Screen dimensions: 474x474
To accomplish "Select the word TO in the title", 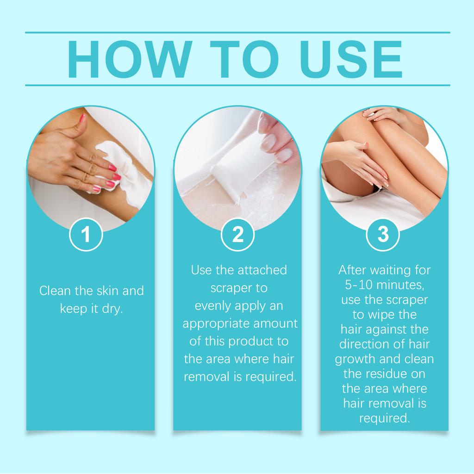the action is [x=244, y=59].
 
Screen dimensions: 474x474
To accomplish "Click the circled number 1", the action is [x=86, y=234].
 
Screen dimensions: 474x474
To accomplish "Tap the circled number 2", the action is [x=237, y=234].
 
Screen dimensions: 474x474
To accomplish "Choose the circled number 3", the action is [x=383, y=234].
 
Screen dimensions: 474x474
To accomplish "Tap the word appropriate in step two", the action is [x=217, y=324].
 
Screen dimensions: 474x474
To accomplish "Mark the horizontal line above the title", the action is [x=237, y=32].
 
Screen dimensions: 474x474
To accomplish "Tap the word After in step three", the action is [x=352, y=270].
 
